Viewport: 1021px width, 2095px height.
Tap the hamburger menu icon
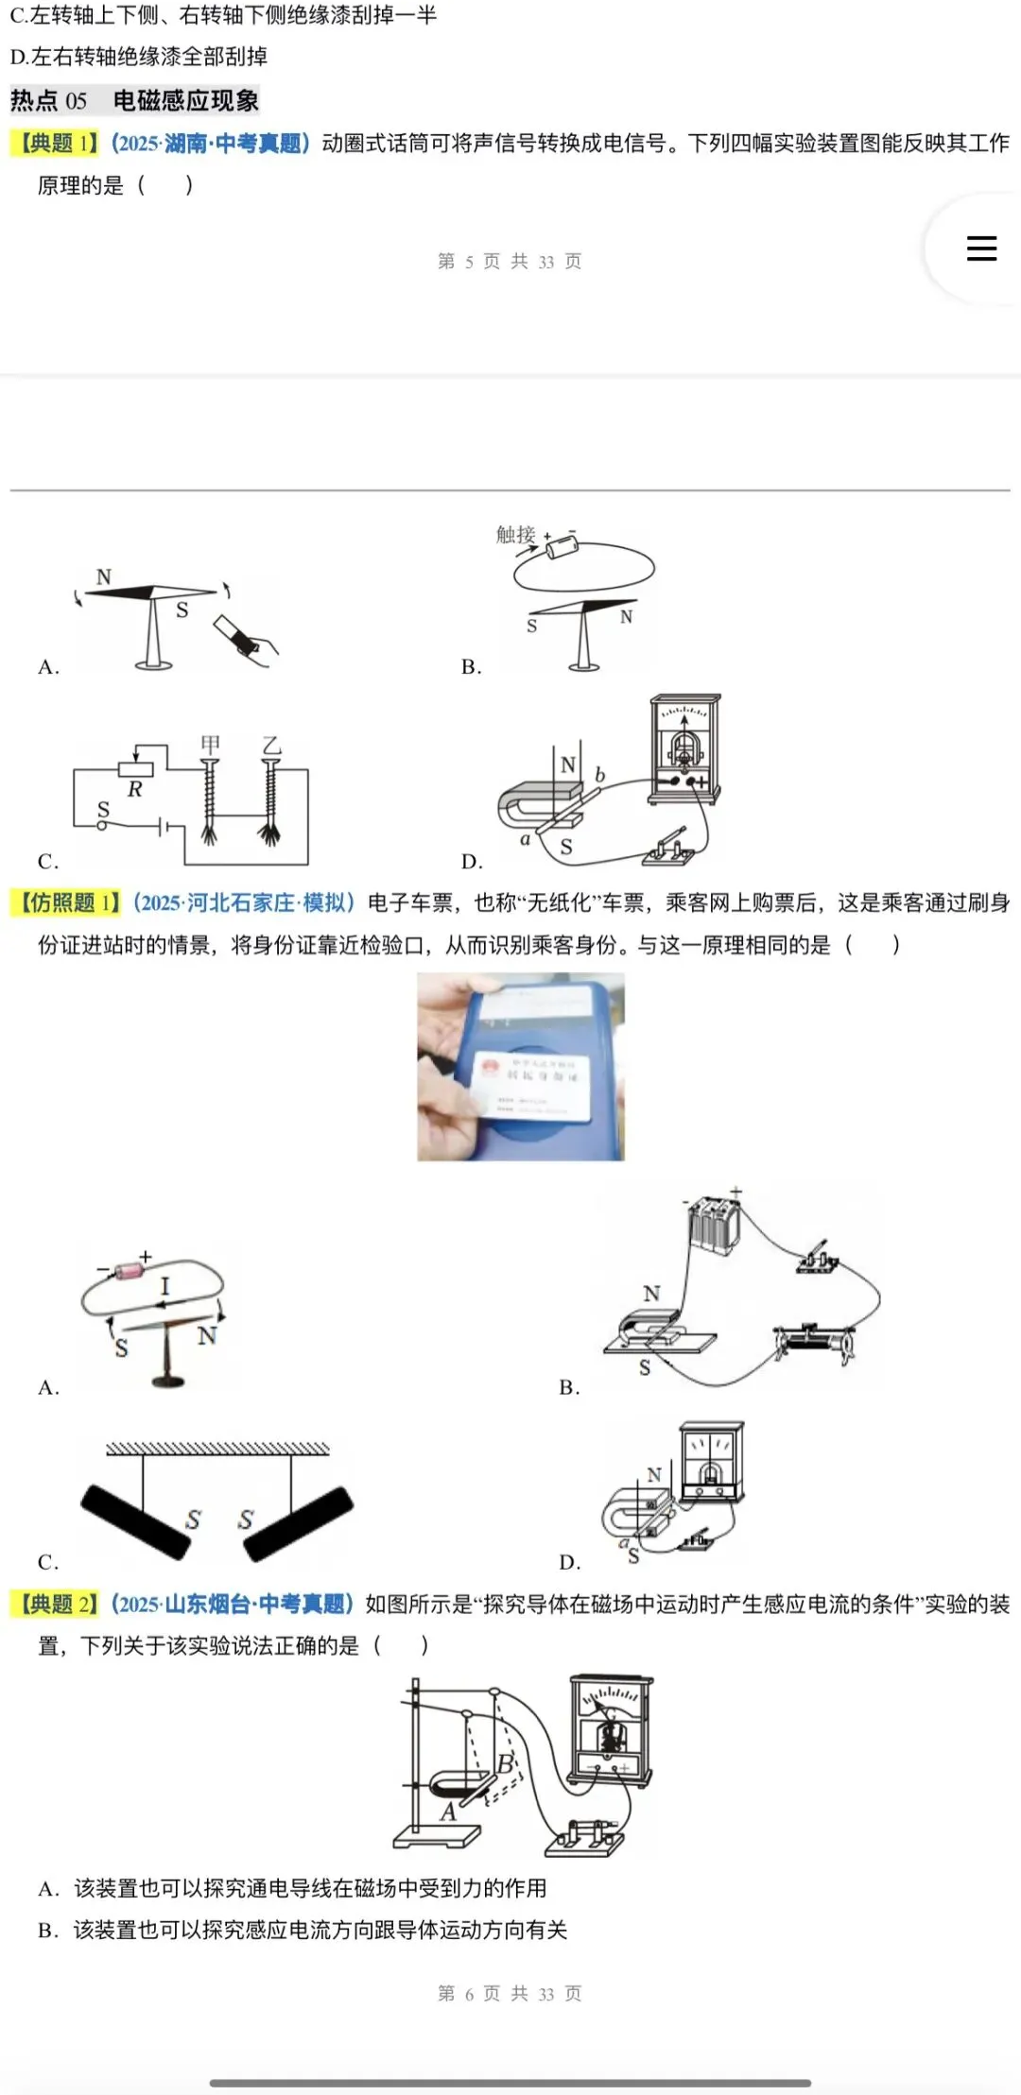(x=981, y=248)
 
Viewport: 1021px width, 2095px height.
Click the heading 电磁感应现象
(x=185, y=100)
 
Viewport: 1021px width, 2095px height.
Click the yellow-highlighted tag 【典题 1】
(x=57, y=143)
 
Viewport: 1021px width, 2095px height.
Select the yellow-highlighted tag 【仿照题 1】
(x=68, y=902)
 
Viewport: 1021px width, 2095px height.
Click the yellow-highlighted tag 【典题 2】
(x=57, y=1604)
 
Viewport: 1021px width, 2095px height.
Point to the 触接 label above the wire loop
(x=515, y=535)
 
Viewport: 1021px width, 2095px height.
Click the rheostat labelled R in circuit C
(x=135, y=770)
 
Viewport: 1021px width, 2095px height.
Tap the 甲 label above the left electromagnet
(x=210, y=746)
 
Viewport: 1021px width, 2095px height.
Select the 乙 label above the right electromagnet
(x=272, y=746)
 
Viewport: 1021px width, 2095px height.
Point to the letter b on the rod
(x=599, y=775)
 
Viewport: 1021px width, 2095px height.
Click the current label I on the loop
(x=164, y=1285)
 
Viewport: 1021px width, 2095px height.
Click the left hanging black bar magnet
(x=135, y=1520)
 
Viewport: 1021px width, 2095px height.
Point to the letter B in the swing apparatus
(x=506, y=1762)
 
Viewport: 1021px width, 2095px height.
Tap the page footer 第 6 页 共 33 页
(x=510, y=1993)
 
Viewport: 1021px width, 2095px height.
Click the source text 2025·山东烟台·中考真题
(x=232, y=1604)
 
